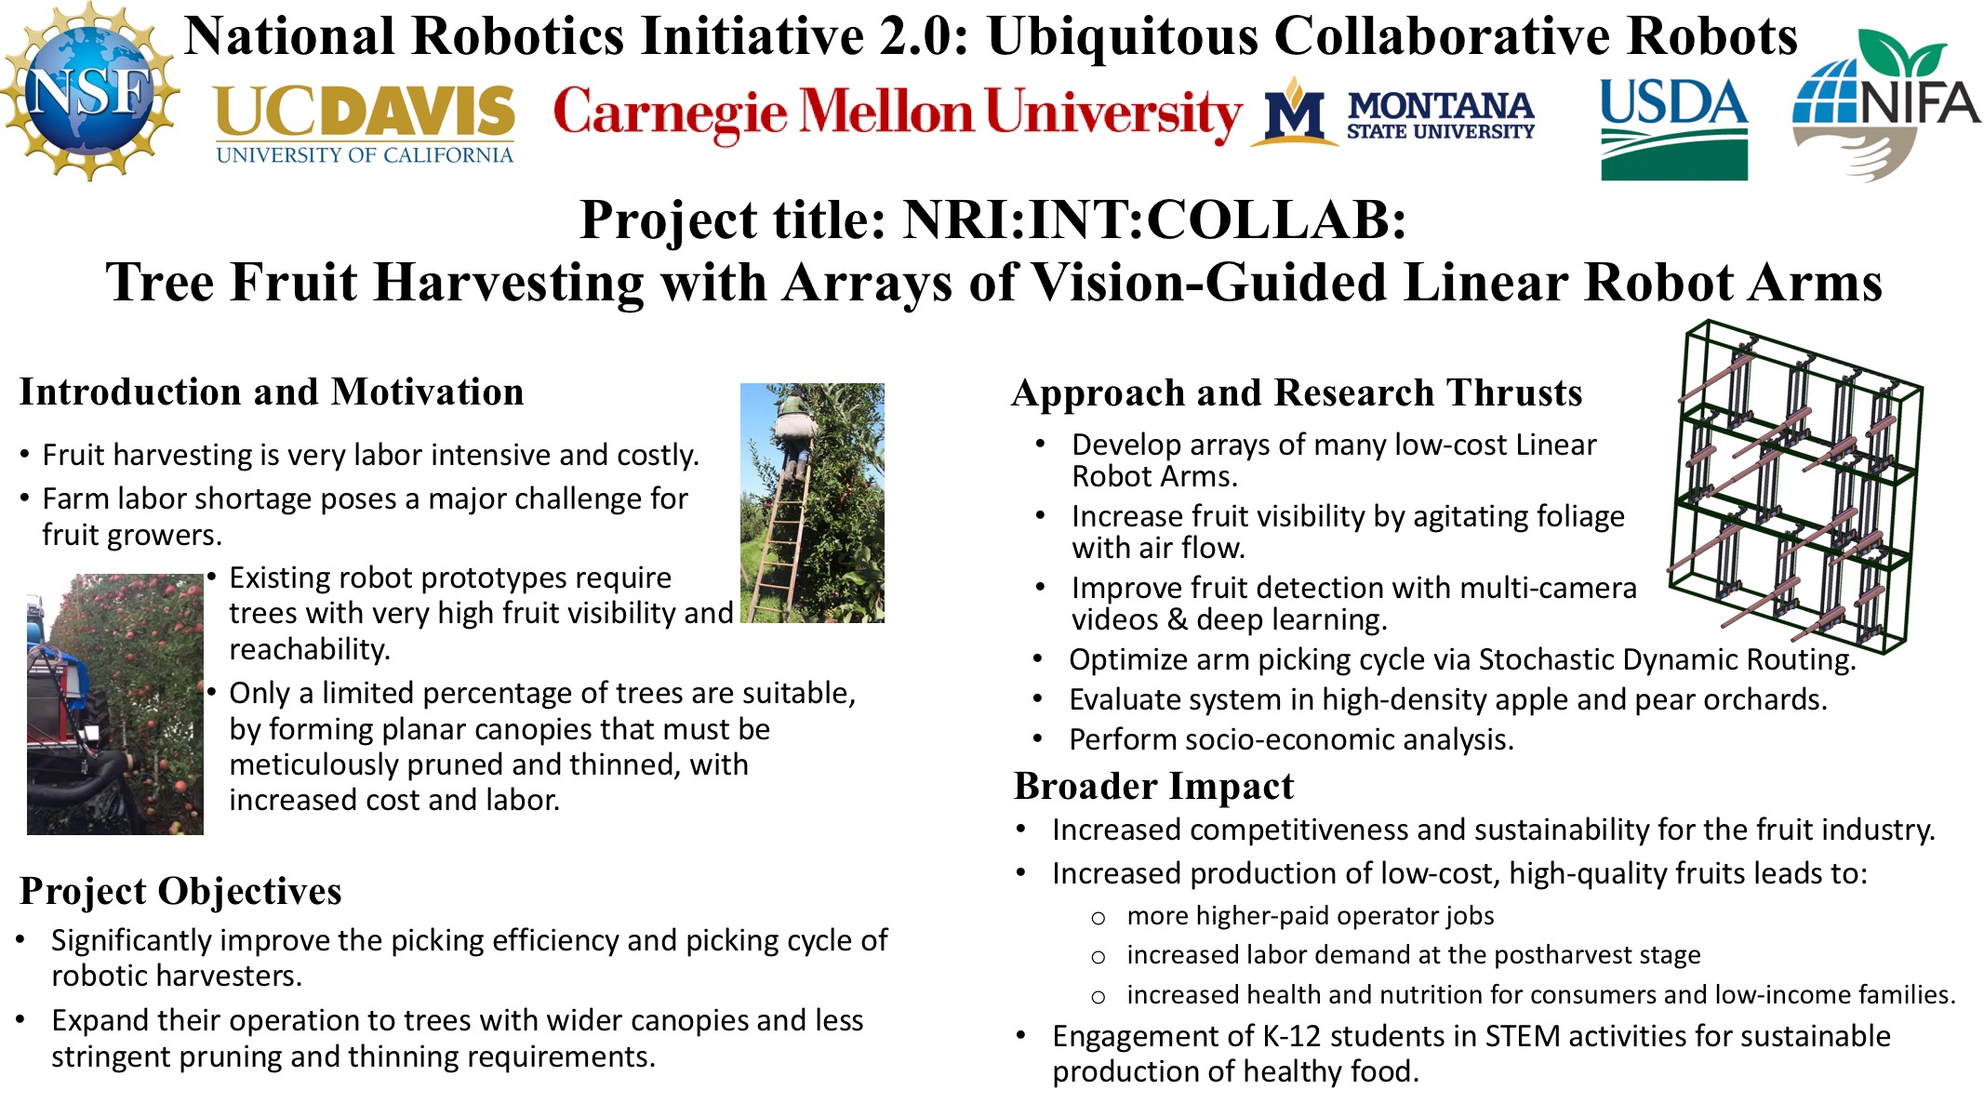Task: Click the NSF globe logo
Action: [90, 91]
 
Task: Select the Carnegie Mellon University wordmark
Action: [898, 113]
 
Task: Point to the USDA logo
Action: [1673, 129]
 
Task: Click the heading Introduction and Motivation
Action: [272, 392]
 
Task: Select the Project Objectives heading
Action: [180, 891]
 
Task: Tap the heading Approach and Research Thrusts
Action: [1297, 393]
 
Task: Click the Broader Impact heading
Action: [1153, 787]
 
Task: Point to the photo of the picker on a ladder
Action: [812, 502]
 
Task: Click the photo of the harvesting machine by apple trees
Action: [115, 704]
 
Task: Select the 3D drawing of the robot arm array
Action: [1795, 485]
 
